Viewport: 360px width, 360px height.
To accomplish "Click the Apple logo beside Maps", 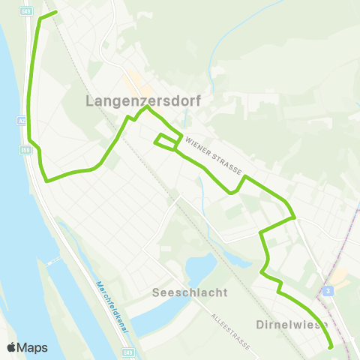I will tap(11, 347).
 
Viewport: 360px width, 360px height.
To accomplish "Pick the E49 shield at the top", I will tap(27, 11).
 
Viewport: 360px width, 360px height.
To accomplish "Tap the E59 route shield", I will tap(24, 150).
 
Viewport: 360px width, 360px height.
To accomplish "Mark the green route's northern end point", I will tap(56, 12).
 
